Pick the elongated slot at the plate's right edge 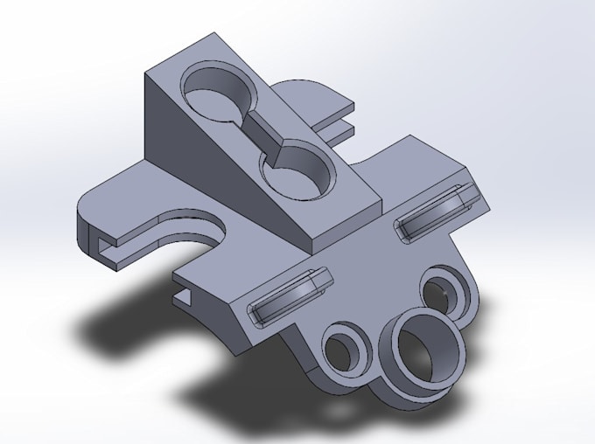pyautogui.click(x=436, y=212)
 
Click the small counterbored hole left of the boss pyautogui.click(x=345, y=349)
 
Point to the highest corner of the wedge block pyautogui.click(x=213, y=35)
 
